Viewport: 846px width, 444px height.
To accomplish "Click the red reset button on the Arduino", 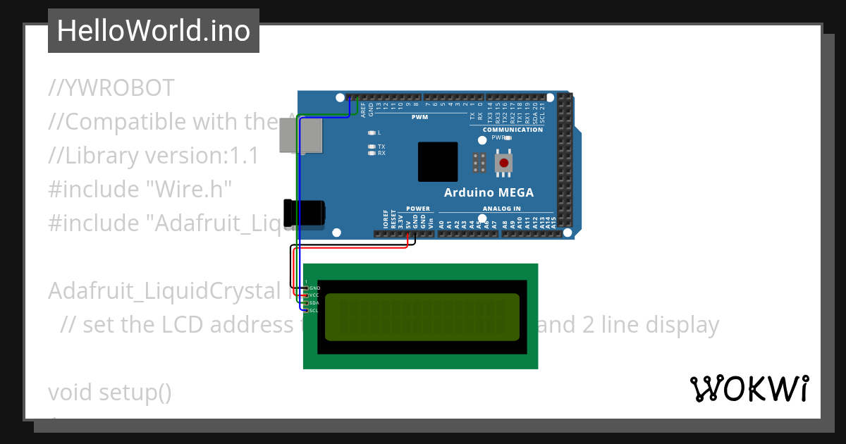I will (504, 164).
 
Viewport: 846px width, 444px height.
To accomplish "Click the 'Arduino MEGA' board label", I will (489, 192).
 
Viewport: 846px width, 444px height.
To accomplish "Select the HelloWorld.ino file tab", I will (153, 31).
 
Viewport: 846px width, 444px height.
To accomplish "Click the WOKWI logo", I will (749, 388).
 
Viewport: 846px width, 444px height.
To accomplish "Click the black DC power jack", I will (305, 214).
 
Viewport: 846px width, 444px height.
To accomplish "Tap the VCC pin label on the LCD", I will (314, 295).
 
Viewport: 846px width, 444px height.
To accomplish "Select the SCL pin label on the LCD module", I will (314, 310).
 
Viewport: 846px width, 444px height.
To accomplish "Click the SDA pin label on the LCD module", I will (314, 303).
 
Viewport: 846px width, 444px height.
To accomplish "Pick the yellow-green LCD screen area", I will (422, 316).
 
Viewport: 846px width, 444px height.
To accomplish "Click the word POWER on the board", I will (418, 209).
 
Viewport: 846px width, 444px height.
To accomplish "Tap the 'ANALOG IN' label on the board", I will (501, 209).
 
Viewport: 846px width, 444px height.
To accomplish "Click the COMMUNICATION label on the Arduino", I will (513, 130).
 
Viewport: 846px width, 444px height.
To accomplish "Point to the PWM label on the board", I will (420, 117).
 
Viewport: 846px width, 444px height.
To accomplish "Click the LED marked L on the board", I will (372, 132).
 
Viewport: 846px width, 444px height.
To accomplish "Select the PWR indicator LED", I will (508, 138).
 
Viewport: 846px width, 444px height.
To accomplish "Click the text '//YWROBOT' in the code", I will (111, 88).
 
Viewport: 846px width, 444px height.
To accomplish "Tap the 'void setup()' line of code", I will (109, 392).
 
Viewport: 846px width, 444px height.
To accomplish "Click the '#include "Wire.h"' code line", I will (140, 189).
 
